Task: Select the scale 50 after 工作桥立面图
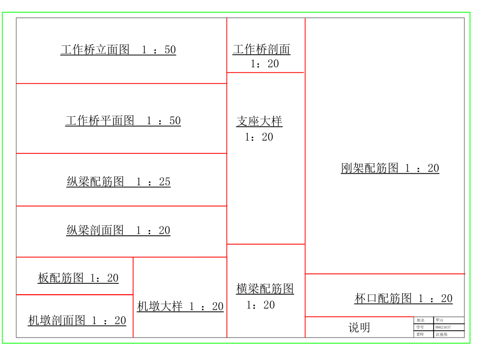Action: pyautogui.click(x=170, y=50)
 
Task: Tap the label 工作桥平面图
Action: pyautogui.click(x=100, y=121)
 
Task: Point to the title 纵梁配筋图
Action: pyautogui.click(x=95, y=182)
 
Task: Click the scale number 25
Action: pyautogui.click(x=164, y=182)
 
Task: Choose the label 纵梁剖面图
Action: pyautogui.click(x=95, y=231)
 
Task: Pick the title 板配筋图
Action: pyautogui.click(x=61, y=278)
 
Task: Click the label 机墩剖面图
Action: pyautogui.click(x=56, y=320)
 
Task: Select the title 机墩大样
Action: pyautogui.click(x=160, y=306)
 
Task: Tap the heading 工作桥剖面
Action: pyautogui.click(x=261, y=50)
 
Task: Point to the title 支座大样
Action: pyautogui.click(x=259, y=122)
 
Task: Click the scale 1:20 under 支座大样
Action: pyautogui.click(x=259, y=137)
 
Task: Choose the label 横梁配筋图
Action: pyautogui.click(x=265, y=289)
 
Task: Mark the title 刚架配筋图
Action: pyautogui.click(x=369, y=168)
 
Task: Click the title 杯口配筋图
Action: pyautogui.click(x=383, y=298)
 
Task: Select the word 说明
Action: pyautogui.click(x=359, y=328)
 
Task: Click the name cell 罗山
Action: pyautogui.click(x=439, y=320)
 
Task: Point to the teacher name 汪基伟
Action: pyautogui.click(x=441, y=334)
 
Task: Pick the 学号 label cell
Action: pyautogui.click(x=421, y=327)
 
